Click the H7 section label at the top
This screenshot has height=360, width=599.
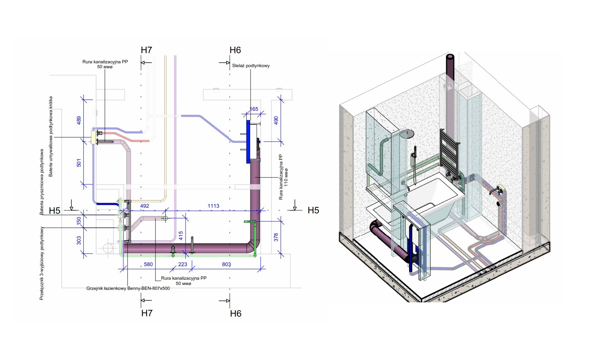146,50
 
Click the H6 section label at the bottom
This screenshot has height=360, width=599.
235,313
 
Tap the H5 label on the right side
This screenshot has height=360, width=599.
313,210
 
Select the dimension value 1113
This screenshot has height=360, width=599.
213,206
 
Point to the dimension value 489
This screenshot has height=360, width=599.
79,121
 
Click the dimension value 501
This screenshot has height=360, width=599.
79,163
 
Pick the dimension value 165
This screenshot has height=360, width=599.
254,109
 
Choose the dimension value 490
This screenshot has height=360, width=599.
276,121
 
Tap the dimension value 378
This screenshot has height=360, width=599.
276,237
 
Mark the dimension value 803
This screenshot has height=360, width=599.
226,264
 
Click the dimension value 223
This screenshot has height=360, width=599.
183,264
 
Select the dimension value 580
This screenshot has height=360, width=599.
148,264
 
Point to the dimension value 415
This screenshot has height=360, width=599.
181,236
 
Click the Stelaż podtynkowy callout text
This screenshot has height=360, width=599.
251,66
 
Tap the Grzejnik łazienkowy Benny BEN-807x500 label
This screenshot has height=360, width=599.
128,288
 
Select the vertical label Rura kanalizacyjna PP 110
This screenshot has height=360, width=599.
283,177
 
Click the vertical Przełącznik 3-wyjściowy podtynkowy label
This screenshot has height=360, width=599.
41,263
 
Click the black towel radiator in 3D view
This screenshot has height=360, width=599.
449,151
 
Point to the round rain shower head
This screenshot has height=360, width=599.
409,133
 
